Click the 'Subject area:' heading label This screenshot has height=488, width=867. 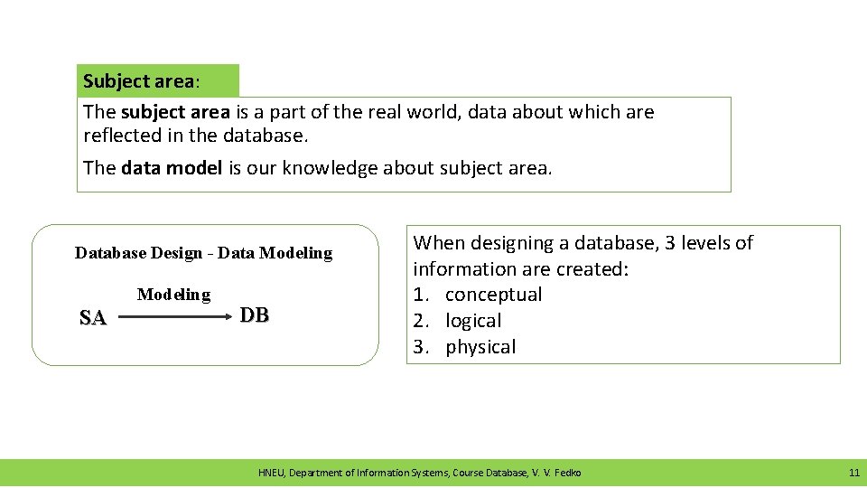coord(142,81)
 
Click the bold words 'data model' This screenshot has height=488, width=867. coord(171,168)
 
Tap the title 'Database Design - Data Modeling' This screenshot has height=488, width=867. coord(203,253)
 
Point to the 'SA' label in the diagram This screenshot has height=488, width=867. coord(92,317)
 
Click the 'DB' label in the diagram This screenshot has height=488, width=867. coord(255,314)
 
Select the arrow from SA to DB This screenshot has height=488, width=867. coord(172,317)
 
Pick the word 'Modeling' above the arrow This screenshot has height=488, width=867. coord(173,295)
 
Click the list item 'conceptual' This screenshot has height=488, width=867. coord(493,295)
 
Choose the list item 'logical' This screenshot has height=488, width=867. coord(473,321)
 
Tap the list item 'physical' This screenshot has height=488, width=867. coord(480,347)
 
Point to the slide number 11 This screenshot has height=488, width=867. coord(853,473)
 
